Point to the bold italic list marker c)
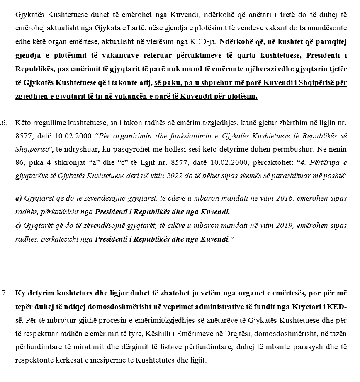tap(19, 226)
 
